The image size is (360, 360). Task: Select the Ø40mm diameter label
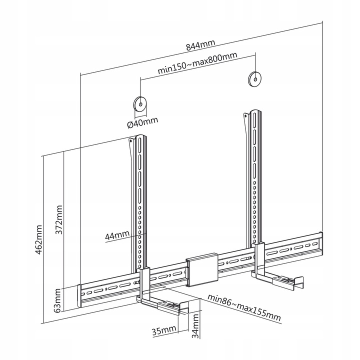pyautogui.click(x=142, y=122)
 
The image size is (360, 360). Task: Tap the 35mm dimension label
pyautogui.click(x=163, y=330)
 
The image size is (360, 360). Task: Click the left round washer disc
pyautogui.click(x=139, y=104)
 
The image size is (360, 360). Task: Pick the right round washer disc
pyautogui.click(x=255, y=78)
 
